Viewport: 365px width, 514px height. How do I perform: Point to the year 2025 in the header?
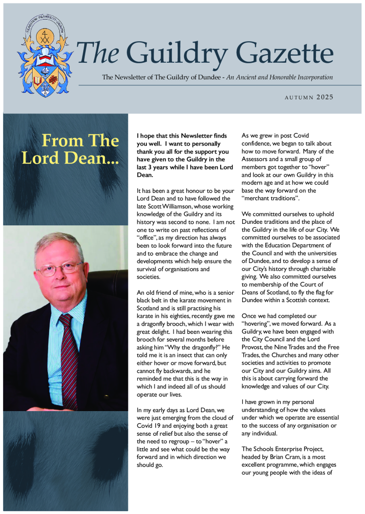click(325, 97)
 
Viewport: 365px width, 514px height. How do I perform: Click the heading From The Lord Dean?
click(70, 149)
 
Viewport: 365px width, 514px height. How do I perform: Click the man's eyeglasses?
click(59, 269)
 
